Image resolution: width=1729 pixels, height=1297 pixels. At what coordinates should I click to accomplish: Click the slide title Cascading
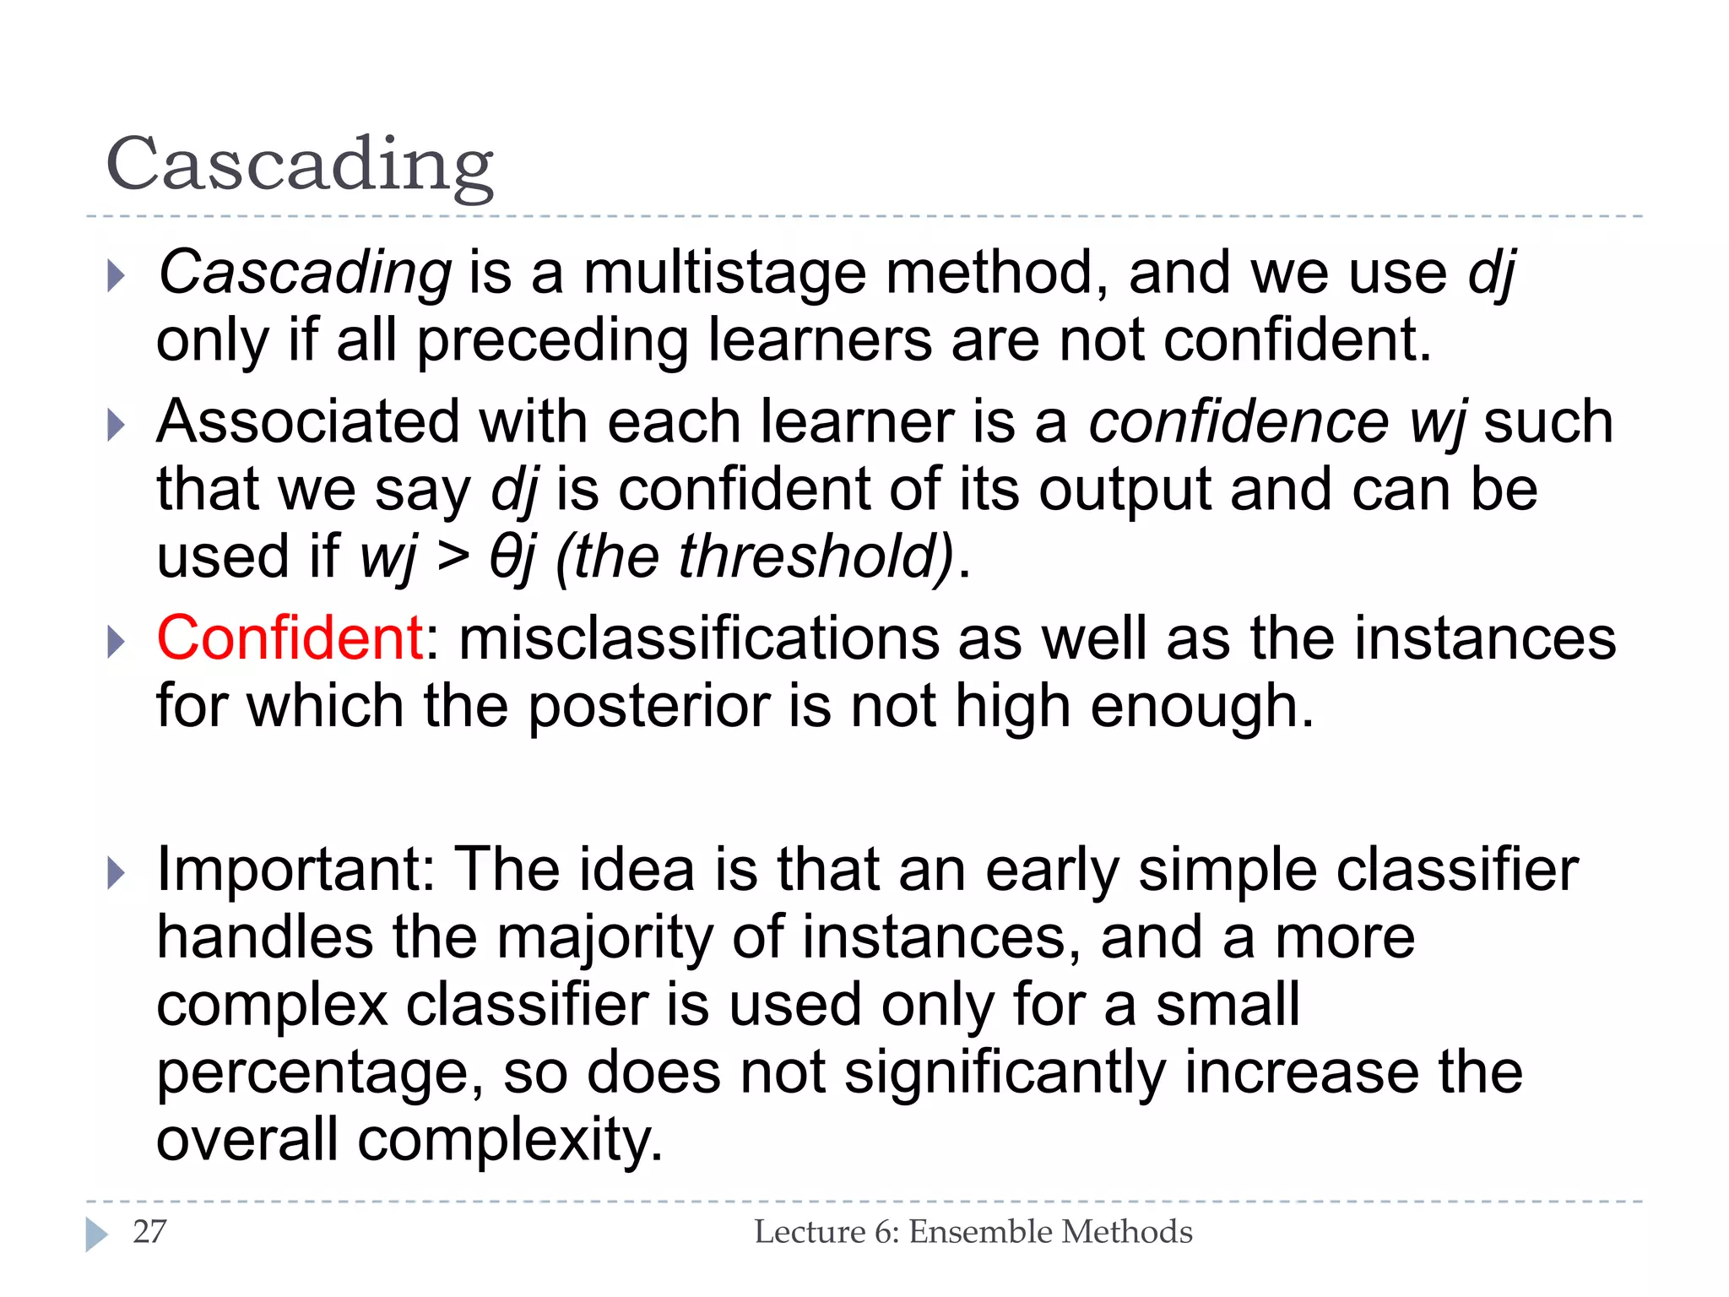click(x=300, y=165)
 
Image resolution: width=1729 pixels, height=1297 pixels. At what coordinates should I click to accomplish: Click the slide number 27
click(x=149, y=1232)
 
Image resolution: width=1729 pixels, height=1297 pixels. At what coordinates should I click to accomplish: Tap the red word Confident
click(x=290, y=638)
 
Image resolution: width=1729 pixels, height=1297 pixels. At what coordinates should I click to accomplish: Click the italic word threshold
click(x=810, y=556)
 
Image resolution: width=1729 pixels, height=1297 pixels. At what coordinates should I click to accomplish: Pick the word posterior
click(x=648, y=706)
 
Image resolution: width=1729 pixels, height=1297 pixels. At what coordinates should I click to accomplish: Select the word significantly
click(x=1004, y=1074)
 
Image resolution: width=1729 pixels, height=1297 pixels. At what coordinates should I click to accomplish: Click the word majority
click(x=604, y=939)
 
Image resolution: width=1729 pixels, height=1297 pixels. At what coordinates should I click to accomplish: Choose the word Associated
click(x=308, y=421)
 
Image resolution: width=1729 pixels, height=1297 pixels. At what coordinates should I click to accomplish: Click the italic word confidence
click(x=1238, y=421)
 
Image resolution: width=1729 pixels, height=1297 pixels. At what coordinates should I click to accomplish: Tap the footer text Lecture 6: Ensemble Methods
click(x=973, y=1232)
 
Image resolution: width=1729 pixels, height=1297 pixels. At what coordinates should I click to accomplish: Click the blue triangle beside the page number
click(x=96, y=1235)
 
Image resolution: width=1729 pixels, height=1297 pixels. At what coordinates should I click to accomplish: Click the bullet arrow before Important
click(x=117, y=873)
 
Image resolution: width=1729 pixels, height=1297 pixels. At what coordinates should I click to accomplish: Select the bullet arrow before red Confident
click(x=117, y=642)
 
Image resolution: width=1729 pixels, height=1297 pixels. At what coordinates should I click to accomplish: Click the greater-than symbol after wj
click(x=453, y=556)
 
